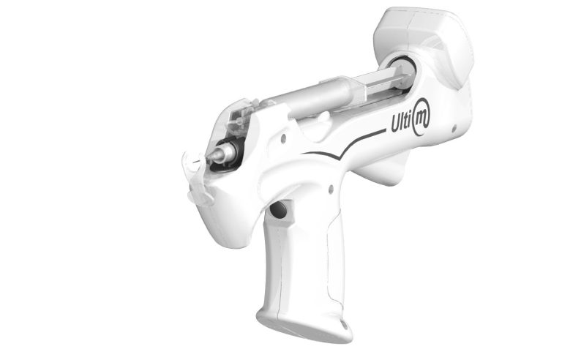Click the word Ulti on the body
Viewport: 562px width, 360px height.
click(x=402, y=122)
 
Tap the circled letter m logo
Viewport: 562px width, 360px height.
click(x=421, y=117)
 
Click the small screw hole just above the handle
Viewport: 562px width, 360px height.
click(x=331, y=189)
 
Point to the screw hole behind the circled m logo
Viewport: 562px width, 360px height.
click(x=454, y=128)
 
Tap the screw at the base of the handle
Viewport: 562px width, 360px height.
click(x=345, y=326)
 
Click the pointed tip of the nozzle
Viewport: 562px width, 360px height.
click(x=209, y=157)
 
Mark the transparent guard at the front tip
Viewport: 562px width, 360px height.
click(x=196, y=179)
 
